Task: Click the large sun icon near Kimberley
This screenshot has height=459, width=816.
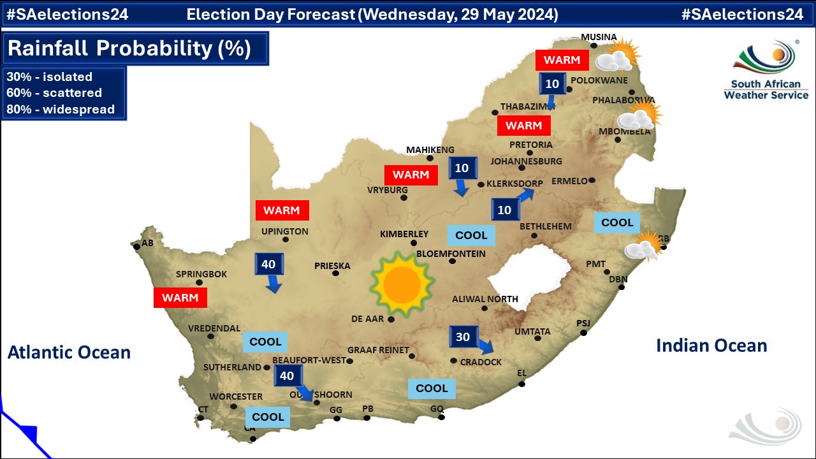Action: (x=402, y=285)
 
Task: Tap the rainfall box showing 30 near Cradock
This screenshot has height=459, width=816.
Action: (x=463, y=337)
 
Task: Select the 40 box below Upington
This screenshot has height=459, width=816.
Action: (x=268, y=264)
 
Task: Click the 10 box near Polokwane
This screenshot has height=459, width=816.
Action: (x=552, y=84)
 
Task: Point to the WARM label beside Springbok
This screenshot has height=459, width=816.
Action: (x=180, y=298)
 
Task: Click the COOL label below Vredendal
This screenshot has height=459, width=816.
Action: (x=265, y=342)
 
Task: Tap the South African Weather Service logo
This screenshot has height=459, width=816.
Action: (x=766, y=71)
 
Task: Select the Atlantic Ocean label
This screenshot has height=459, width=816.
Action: (x=69, y=352)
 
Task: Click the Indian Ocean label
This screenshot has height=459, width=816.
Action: (x=711, y=346)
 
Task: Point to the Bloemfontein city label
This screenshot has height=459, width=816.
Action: (x=451, y=254)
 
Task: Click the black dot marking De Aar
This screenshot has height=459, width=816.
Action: (x=391, y=319)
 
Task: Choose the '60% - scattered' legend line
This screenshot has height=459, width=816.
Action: (x=54, y=93)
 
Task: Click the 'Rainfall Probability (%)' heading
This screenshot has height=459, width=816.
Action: (x=129, y=48)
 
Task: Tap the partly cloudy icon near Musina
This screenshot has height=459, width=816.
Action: (x=617, y=56)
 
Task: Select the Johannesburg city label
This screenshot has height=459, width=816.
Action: (x=526, y=161)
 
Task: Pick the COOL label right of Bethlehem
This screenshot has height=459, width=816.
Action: (x=617, y=222)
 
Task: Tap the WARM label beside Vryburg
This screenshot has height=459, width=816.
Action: (x=411, y=175)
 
